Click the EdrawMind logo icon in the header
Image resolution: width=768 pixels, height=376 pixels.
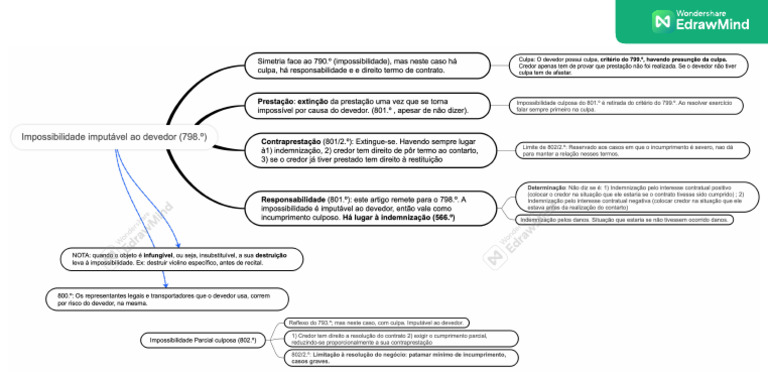[661, 21]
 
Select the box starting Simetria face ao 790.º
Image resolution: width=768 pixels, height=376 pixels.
[359, 65]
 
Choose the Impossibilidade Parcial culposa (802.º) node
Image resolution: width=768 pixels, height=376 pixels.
[203, 341]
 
